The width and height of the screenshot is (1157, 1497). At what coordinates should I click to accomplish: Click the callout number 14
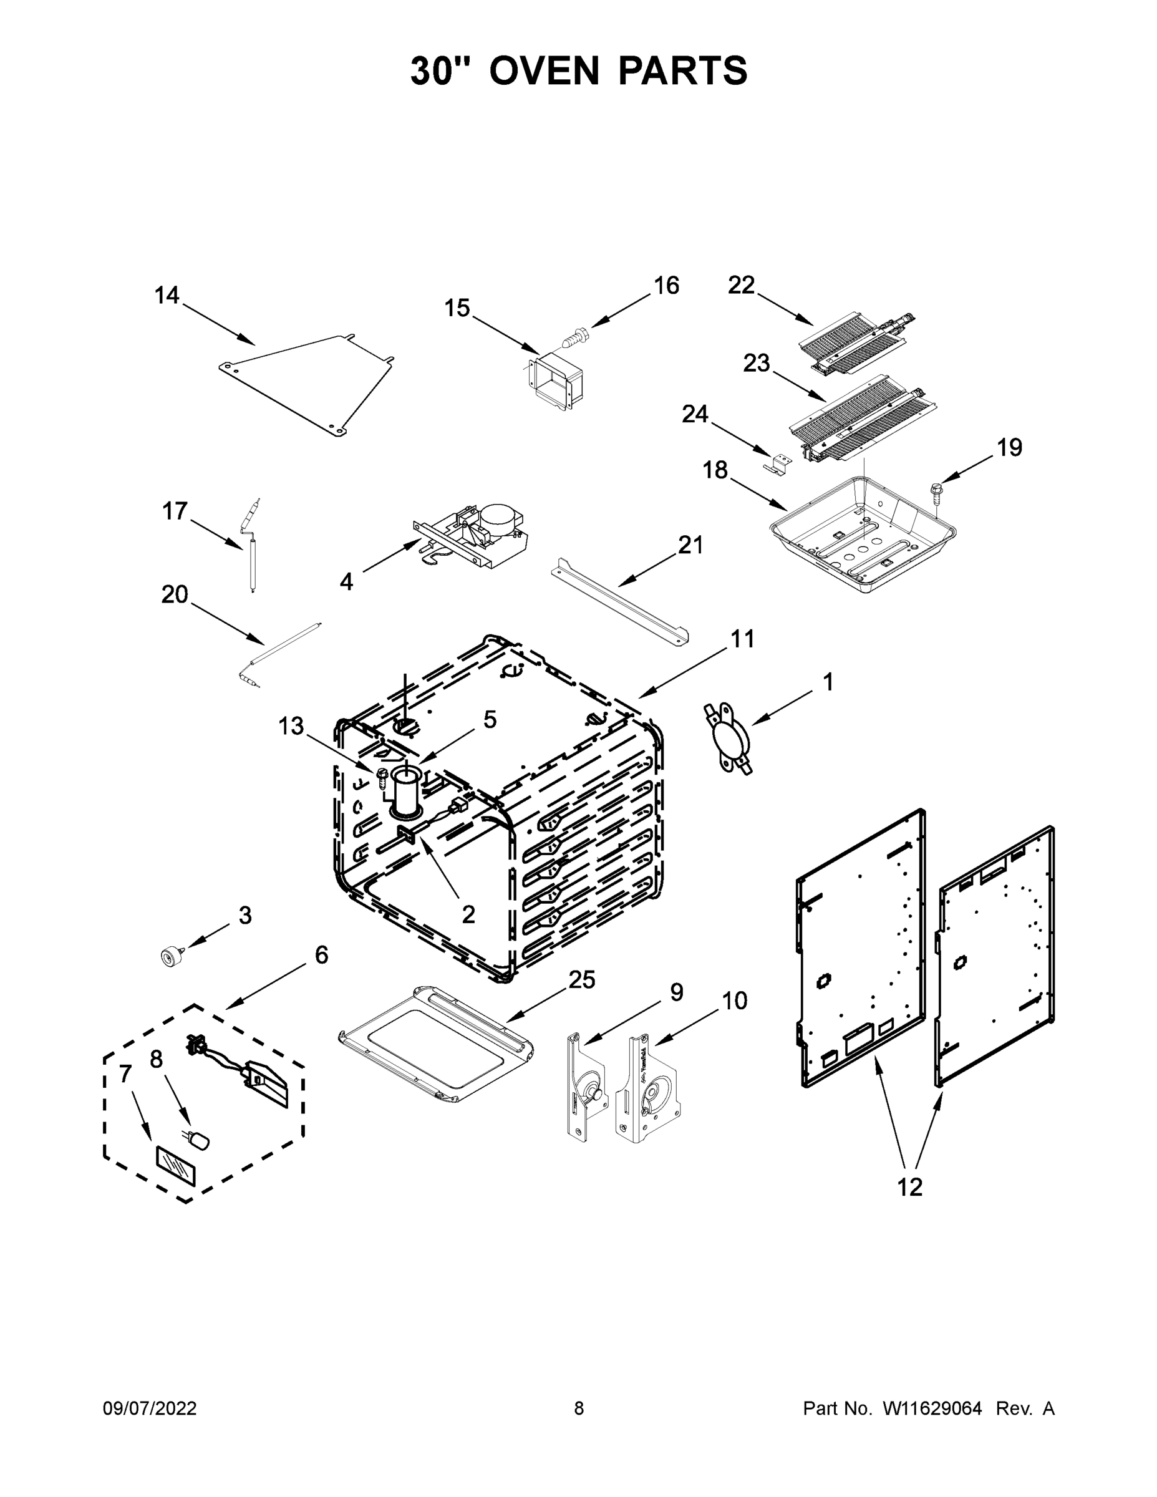coord(167,296)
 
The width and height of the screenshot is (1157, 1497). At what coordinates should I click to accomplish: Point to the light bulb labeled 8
coord(200,1140)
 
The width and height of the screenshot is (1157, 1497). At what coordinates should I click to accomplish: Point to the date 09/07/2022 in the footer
coord(150,1408)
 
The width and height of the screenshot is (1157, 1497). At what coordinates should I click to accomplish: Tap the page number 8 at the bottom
coord(579,1408)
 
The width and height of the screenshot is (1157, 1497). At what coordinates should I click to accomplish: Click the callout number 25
coord(582,981)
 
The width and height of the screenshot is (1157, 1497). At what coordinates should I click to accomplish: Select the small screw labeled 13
coord(382,778)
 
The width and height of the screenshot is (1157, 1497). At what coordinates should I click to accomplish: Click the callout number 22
coord(741,284)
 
